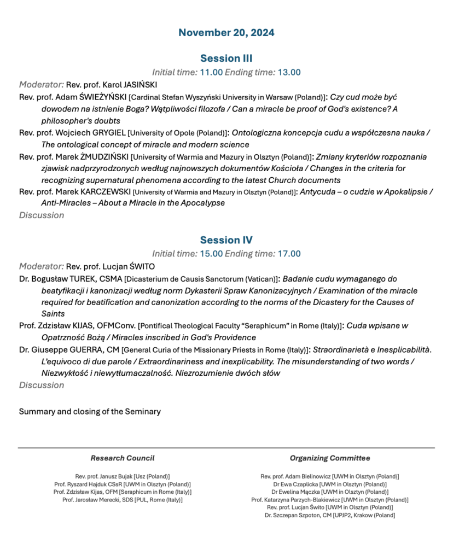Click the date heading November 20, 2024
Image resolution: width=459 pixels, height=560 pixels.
(x=226, y=33)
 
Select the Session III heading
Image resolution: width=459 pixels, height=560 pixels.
(x=226, y=59)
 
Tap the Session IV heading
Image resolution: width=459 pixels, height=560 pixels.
(x=226, y=240)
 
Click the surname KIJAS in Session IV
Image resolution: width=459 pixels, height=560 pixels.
(x=82, y=326)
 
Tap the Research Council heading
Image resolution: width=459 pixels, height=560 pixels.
(x=123, y=458)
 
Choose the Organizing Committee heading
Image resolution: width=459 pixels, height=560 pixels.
(x=330, y=458)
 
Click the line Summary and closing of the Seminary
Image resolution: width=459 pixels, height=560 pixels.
(x=90, y=411)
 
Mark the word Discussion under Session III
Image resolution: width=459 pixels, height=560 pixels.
(x=42, y=215)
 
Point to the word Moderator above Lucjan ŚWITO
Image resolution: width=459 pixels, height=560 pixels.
(x=41, y=267)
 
